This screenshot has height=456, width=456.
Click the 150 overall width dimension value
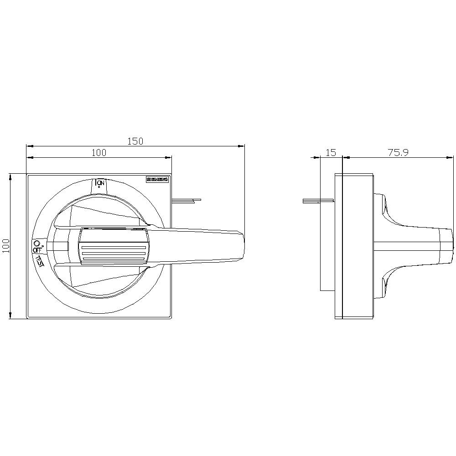135,141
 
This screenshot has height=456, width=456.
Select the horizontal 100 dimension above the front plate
98,153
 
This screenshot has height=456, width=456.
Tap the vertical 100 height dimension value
6,246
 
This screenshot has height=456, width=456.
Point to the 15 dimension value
331,153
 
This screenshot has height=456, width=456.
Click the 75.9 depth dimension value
398,153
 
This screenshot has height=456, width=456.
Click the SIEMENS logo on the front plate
157,180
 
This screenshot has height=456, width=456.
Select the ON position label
101,183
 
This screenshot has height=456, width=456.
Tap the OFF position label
37,250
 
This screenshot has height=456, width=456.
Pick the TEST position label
40,262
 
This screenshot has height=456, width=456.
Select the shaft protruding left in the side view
318,201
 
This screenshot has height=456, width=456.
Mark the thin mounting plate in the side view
338,246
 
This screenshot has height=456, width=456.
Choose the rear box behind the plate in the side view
327,246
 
